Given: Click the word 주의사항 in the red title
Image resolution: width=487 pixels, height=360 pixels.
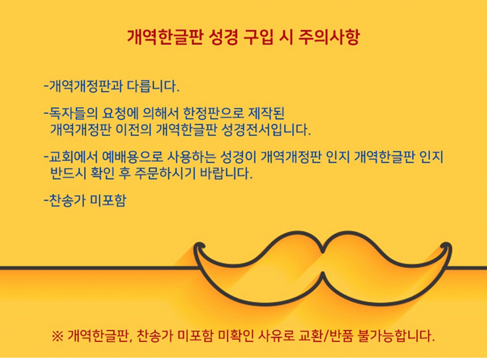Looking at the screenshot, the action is [329, 37].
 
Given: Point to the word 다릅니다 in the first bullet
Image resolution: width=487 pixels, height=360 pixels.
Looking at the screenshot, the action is [153, 86].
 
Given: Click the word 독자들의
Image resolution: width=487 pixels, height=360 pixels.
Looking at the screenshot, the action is [73, 114].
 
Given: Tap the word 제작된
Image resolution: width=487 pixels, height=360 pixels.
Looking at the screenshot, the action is [267, 114].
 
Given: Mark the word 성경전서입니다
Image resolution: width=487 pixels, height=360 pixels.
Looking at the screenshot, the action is [267, 130].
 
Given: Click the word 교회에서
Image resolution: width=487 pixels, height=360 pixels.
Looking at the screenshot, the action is [73, 157].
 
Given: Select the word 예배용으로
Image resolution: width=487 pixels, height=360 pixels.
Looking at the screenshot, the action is [133, 157].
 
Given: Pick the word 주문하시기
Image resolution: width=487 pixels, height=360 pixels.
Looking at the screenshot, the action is [165, 173].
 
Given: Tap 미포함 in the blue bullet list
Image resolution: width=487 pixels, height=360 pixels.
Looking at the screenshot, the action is [108, 200].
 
